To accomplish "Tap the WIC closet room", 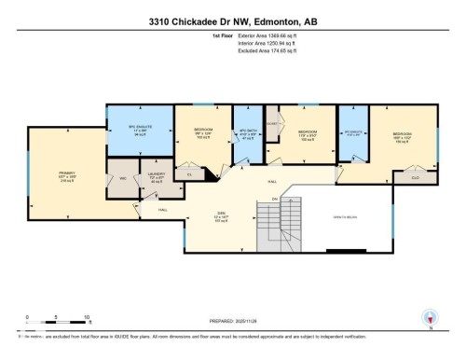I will [x=123, y=180].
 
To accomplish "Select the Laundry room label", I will [x=156, y=177].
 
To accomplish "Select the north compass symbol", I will [x=429, y=317].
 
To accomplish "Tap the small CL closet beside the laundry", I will [x=189, y=173].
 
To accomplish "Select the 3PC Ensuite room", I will [x=353, y=132].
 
